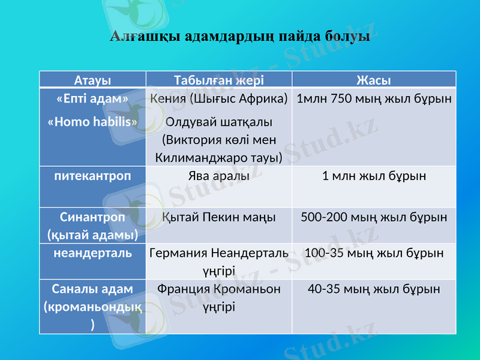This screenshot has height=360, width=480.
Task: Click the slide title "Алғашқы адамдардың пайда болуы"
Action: [239, 37]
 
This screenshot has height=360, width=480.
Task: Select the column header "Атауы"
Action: [92, 80]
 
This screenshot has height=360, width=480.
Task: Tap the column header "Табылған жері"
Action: [218, 80]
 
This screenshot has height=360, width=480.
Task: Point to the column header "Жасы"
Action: [374, 80]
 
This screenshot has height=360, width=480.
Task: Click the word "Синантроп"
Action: [92, 217]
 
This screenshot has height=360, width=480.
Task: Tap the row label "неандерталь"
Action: [92, 253]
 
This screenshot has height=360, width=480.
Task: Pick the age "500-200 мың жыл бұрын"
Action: [374, 217]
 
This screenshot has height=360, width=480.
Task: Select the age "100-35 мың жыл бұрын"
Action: [374, 253]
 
